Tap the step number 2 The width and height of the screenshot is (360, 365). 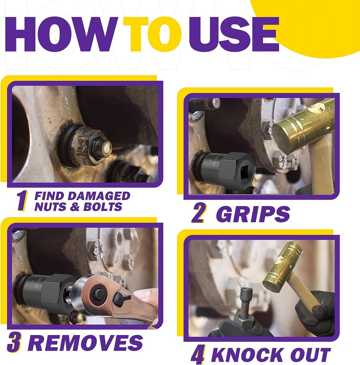(198, 214)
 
